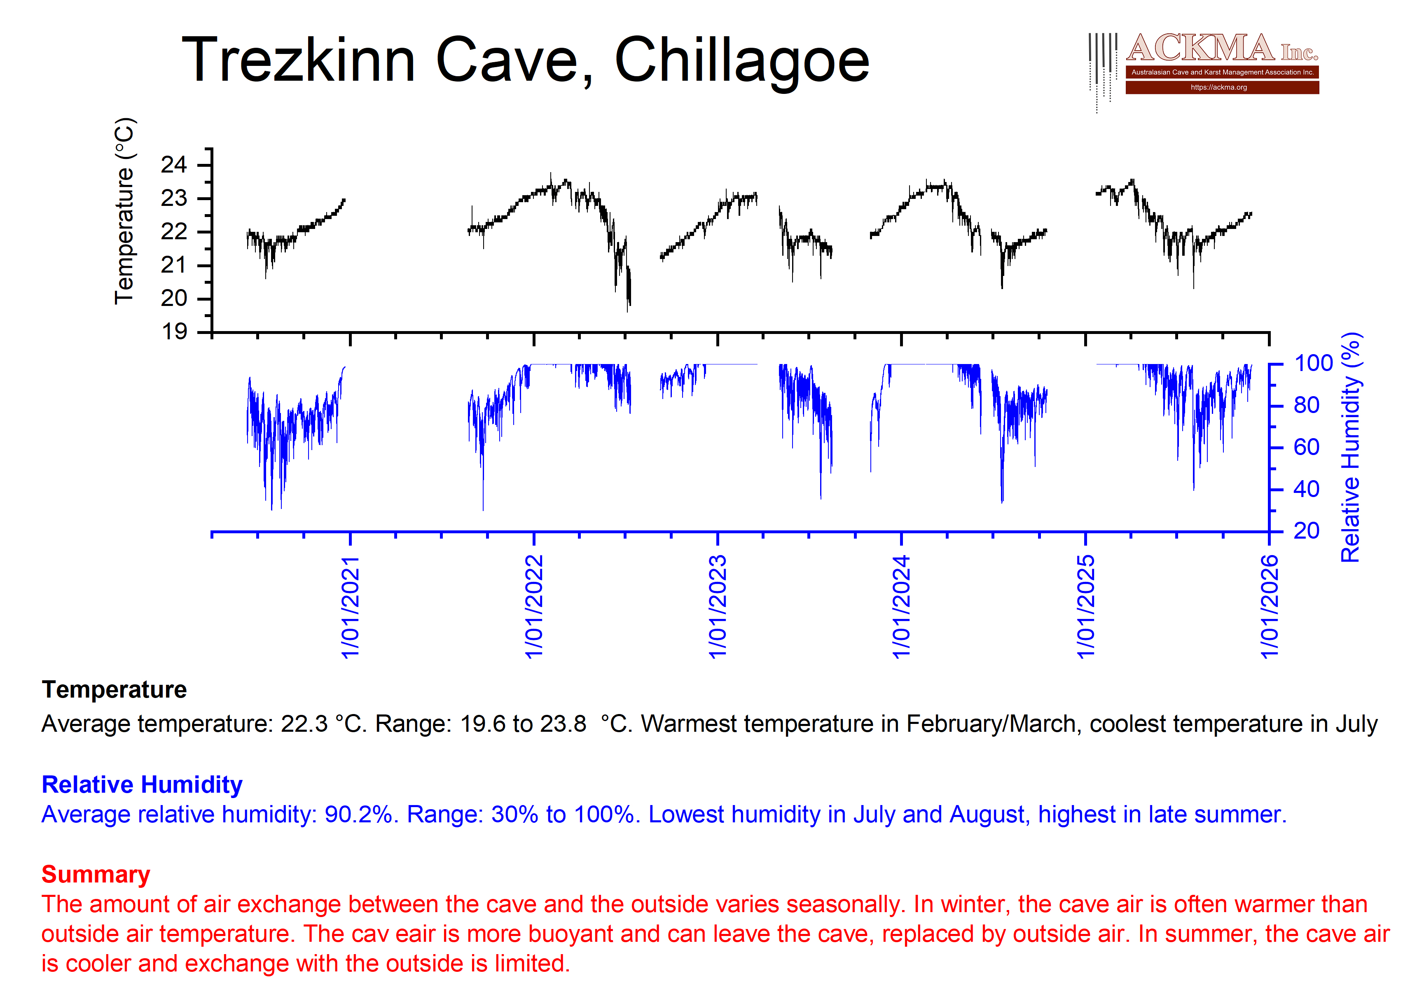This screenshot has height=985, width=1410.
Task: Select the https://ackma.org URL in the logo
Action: [x=1218, y=87]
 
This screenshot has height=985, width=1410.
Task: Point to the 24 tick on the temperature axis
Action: [x=174, y=165]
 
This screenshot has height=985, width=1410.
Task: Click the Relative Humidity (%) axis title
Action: [x=1351, y=447]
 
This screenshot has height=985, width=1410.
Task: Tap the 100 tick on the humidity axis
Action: [x=1313, y=364]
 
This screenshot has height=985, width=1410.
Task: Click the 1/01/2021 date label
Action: [x=350, y=607]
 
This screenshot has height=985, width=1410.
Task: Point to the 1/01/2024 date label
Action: [x=901, y=607]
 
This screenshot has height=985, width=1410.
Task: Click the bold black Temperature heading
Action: [x=114, y=690]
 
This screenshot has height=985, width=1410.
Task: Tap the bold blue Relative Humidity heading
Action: [x=142, y=785]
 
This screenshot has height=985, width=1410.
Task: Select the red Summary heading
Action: [x=96, y=875]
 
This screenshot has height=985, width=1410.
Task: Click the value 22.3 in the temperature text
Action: [x=304, y=724]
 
